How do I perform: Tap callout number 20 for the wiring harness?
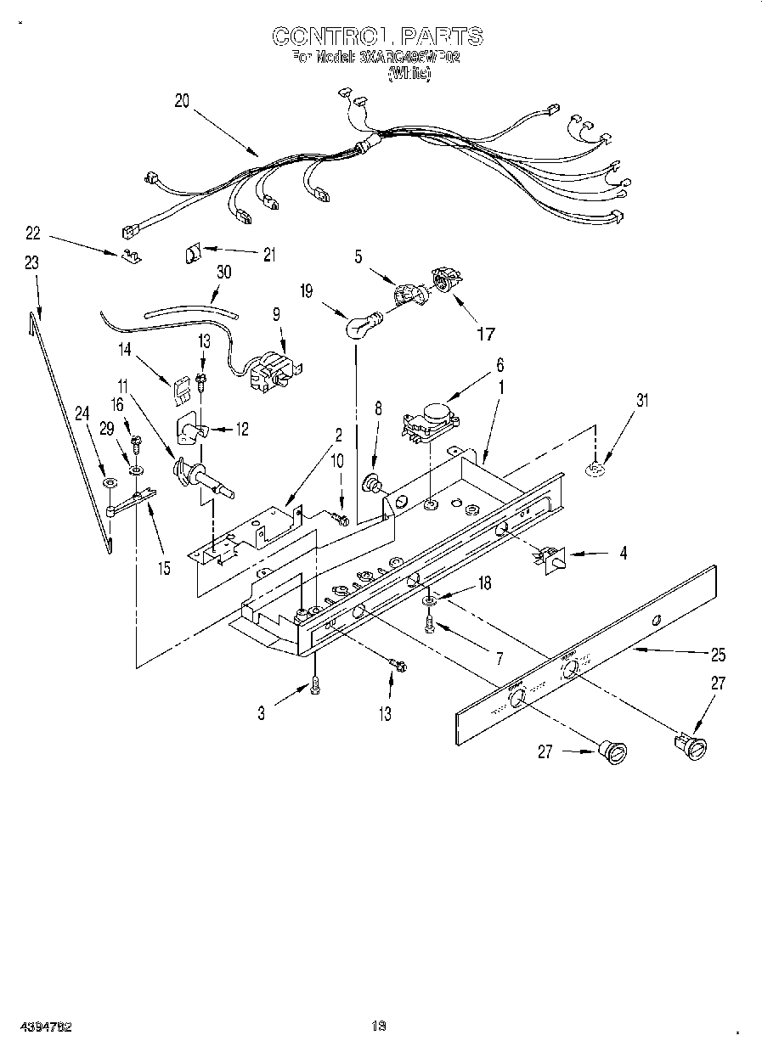[182, 99]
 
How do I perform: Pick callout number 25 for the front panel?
[718, 655]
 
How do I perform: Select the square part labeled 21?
[192, 253]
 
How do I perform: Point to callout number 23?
[31, 263]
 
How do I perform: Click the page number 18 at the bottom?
[379, 1026]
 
